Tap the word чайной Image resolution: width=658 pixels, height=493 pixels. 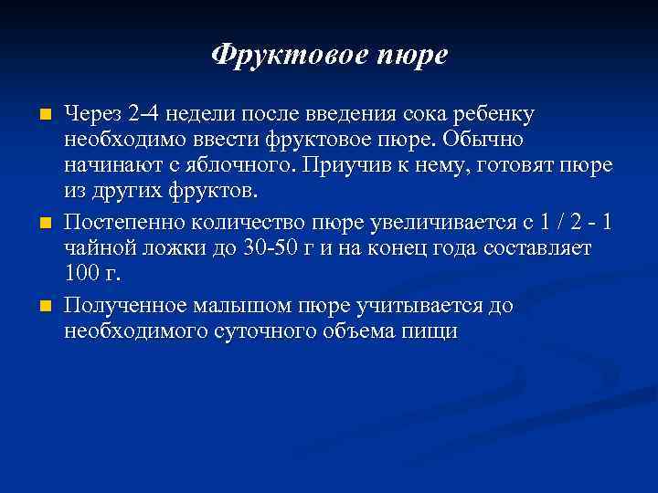pos(100,248)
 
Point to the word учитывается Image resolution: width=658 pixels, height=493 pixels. pos(420,304)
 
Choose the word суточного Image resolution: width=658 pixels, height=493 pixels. pos(261,330)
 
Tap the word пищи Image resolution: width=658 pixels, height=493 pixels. pos(430,330)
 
